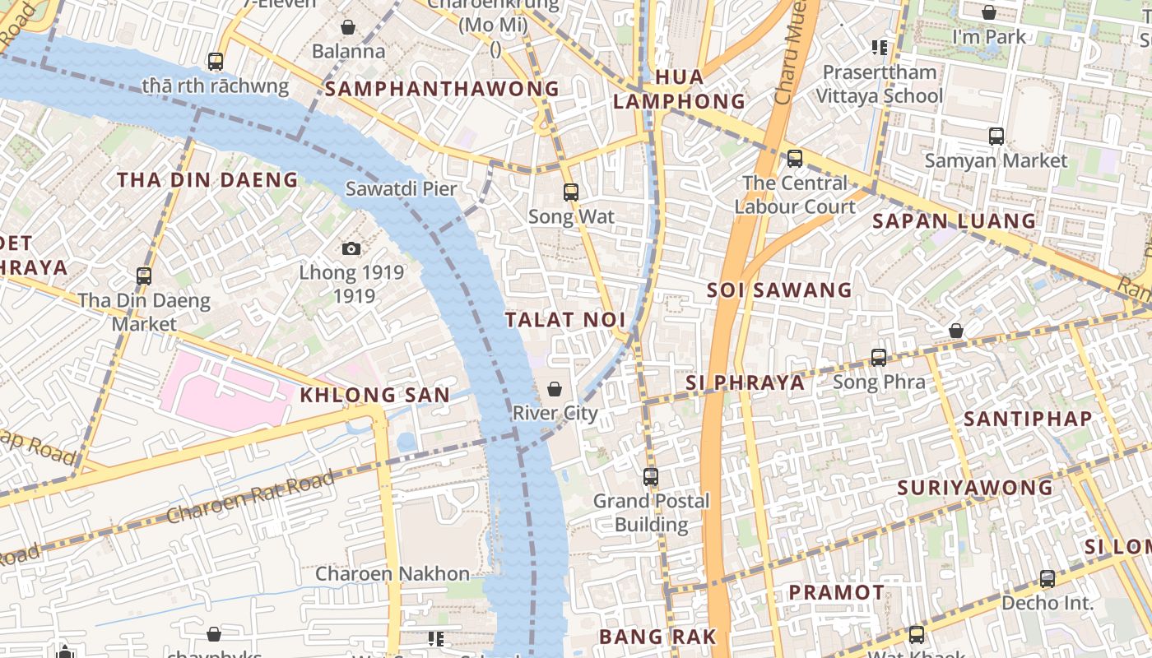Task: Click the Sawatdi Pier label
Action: (x=401, y=188)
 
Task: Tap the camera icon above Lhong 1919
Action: (x=351, y=248)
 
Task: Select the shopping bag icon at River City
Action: (x=555, y=389)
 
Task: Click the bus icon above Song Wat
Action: (x=571, y=192)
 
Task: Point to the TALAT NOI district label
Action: (x=565, y=320)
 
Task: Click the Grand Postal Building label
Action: (x=652, y=512)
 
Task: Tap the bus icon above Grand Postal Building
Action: (x=651, y=476)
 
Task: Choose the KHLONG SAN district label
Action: (x=374, y=396)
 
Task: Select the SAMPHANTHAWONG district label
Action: (x=442, y=89)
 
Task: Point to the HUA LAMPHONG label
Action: (x=679, y=90)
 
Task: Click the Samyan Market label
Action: (x=996, y=160)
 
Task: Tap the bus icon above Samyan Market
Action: (x=996, y=137)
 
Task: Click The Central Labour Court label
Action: (x=795, y=195)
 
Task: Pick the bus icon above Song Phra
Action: (x=879, y=358)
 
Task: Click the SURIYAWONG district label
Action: (x=975, y=488)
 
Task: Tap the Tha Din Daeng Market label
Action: (x=144, y=313)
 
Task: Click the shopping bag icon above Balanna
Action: (x=348, y=27)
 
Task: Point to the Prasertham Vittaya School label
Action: (x=879, y=84)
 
